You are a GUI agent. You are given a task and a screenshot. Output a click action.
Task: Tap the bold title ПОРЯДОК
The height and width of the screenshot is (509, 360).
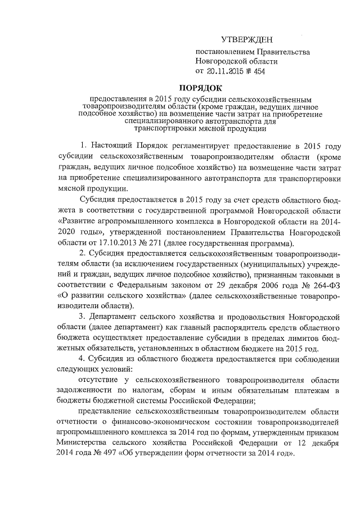click(201, 87)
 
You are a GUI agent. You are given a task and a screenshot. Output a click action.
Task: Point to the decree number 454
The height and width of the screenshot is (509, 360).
click(259, 71)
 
